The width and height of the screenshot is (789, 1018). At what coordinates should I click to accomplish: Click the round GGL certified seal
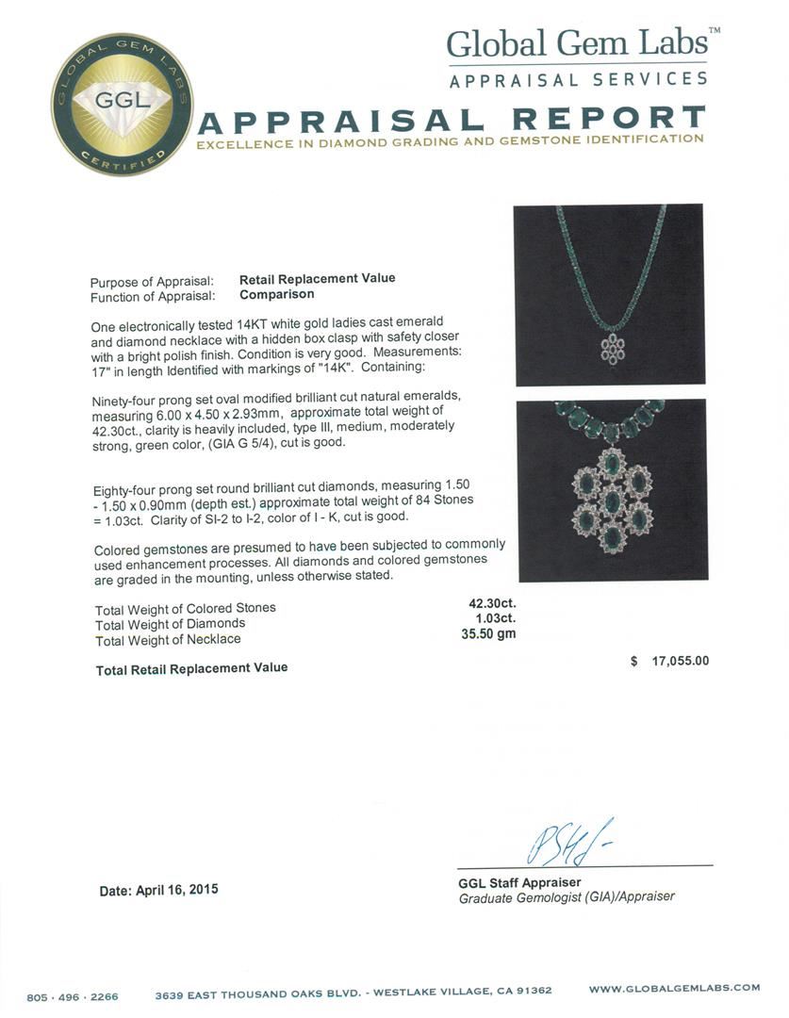122,104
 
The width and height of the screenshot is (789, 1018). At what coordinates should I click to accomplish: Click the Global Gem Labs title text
577,43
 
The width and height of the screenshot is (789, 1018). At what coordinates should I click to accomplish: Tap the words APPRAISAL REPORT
452,120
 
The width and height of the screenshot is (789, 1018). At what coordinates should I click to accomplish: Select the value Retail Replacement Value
317,279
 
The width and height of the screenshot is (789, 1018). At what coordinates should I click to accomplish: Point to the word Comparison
276,295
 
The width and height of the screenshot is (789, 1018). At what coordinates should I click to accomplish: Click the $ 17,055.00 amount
669,662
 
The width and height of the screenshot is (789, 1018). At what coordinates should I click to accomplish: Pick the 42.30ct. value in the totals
492,603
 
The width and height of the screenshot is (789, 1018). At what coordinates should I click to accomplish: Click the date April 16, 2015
159,890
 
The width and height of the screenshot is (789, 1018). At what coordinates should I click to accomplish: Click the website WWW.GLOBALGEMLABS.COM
674,988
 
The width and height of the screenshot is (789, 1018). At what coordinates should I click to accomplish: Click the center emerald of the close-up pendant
611,499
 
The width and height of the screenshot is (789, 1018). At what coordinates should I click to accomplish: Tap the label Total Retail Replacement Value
191,668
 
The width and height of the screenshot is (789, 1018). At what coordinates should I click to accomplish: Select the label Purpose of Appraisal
151,282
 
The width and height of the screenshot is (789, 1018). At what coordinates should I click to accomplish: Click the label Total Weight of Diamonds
170,624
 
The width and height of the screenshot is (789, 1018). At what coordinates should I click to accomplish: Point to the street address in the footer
354,991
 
